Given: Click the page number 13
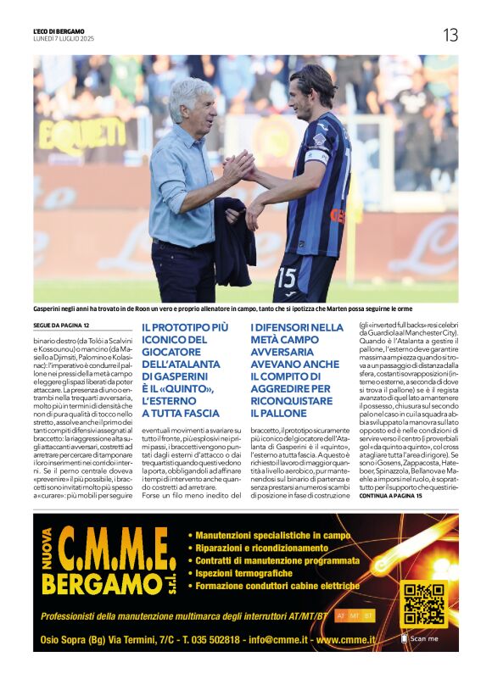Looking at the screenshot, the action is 450,35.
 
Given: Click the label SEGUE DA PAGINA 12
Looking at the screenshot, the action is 62,326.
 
